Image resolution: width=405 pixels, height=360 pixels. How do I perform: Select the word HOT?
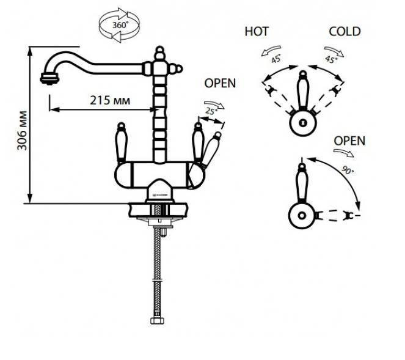(257, 31)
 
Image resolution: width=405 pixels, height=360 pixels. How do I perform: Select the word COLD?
(345, 31)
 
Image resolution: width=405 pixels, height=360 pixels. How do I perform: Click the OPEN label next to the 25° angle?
(220, 83)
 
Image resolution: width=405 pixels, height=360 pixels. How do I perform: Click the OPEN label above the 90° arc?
(349, 141)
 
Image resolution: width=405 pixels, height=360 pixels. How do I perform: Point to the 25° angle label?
(211, 111)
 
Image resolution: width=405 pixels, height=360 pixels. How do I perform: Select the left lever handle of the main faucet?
(121, 142)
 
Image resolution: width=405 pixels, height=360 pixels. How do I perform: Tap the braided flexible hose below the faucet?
(162, 269)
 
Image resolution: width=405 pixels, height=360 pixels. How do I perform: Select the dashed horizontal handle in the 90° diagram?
(333, 215)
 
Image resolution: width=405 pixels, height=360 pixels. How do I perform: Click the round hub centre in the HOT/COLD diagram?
(302, 121)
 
